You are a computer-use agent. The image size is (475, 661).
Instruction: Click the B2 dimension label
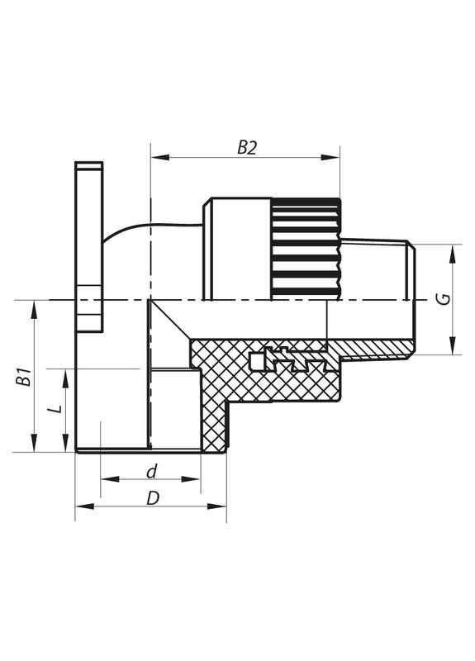(247, 147)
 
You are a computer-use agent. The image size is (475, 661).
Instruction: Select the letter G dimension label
(444, 299)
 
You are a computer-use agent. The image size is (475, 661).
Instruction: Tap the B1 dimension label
(26, 377)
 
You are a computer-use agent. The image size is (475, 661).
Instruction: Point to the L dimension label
(54, 411)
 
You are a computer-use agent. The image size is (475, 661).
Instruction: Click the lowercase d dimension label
(150, 472)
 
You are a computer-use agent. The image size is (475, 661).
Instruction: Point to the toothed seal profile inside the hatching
(285, 361)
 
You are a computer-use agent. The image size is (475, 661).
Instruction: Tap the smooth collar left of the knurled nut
(236, 248)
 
